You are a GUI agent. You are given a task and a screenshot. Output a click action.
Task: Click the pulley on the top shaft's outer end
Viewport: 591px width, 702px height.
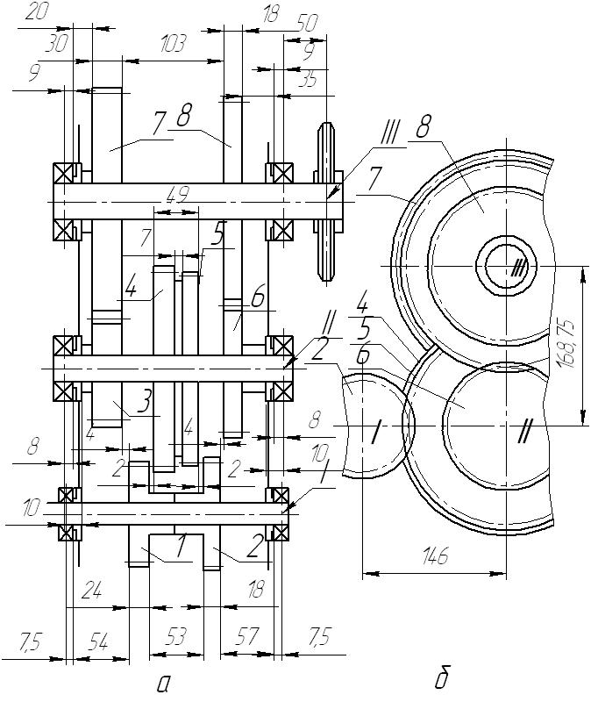coord(327,201)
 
